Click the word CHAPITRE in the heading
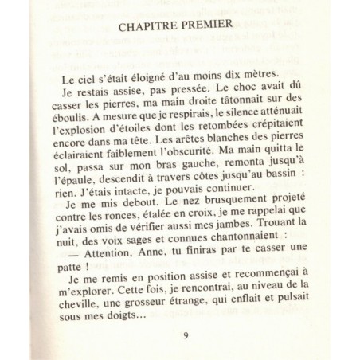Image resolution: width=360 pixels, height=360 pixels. [151, 25]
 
